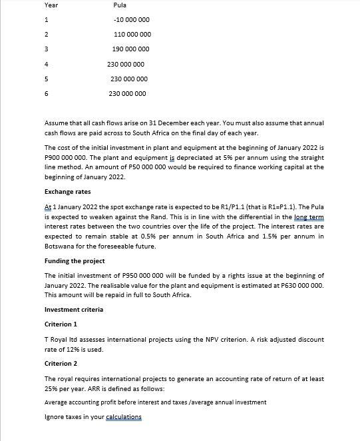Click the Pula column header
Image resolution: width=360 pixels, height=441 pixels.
pos(120,5)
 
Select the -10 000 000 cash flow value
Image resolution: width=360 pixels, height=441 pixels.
pos(132,20)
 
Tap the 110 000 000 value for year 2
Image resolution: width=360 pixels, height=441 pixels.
pos(132,35)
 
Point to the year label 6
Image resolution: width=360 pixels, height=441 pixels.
pos(47,94)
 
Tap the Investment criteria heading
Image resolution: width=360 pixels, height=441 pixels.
pos(74,309)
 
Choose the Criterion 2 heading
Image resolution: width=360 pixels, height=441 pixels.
pos(61,364)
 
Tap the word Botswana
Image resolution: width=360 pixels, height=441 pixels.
pos(61,246)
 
